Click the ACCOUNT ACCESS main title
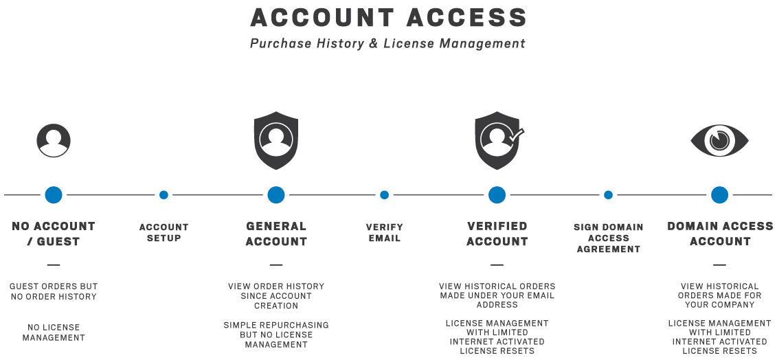click(388, 17)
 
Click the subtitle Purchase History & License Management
click(387, 43)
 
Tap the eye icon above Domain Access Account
click(719, 141)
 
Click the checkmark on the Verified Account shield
click(517, 134)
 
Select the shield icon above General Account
click(276, 140)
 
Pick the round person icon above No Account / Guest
click(54, 141)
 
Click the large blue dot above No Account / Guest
click(54, 195)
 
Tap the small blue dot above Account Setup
click(164, 195)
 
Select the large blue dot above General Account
click(276, 195)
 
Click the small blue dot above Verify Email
click(384, 195)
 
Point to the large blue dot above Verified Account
click(497, 195)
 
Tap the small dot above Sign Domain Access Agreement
click(608, 195)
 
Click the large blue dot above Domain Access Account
click(719, 195)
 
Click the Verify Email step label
click(385, 233)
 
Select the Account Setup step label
click(164, 233)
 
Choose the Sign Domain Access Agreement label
click(609, 238)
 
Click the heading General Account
click(276, 234)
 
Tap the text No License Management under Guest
click(54, 333)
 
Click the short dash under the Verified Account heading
click(497, 265)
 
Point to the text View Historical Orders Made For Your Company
click(719, 295)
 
